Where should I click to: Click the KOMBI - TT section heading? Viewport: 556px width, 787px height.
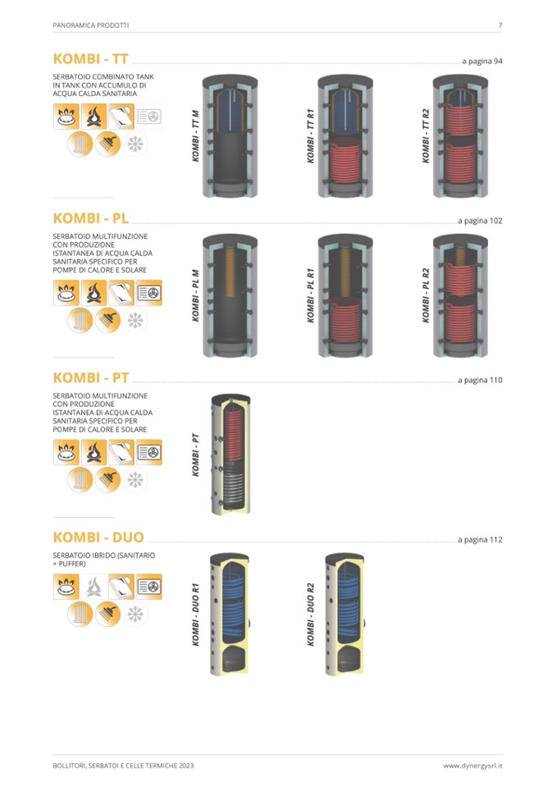point(91,59)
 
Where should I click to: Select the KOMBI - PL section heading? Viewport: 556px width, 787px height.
point(91,218)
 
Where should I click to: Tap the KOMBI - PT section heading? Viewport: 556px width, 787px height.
point(91,377)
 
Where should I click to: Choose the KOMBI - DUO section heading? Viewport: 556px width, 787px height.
point(98,537)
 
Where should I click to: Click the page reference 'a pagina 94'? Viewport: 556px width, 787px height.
point(482,62)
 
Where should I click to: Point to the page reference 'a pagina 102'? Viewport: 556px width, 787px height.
point(480,221)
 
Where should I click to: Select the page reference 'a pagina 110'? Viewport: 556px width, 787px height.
point(480,380)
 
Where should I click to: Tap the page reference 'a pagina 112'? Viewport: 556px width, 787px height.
point(480,539)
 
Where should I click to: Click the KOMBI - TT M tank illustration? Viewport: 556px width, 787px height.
point(230,136)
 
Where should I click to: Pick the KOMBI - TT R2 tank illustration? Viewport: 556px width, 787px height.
point(460,136)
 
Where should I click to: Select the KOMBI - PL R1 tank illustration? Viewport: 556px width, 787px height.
point(345,295)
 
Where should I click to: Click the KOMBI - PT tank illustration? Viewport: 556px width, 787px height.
point(230,455)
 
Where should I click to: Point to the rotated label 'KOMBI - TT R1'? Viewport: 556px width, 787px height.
point(310,135)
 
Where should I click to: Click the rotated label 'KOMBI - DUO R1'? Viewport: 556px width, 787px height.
point(195,615)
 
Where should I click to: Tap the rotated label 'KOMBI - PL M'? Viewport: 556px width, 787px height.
point(195,295)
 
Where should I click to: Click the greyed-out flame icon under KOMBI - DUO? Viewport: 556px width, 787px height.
point(93,586)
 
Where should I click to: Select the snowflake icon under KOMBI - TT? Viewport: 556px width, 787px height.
point(134,144)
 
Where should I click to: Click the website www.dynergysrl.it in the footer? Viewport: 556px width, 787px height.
point(472,766)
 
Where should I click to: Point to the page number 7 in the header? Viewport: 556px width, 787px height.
point(500,25)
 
